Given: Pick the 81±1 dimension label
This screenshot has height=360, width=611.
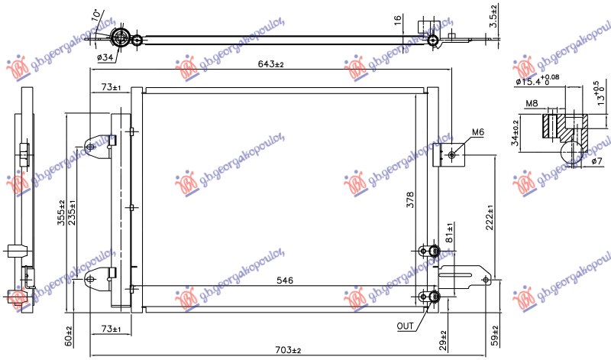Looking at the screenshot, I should point(450,232).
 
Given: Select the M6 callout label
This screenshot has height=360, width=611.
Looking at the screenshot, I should point(477,132).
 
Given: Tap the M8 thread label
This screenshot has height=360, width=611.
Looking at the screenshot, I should point(532,105).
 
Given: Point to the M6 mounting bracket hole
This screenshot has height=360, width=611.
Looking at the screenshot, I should point(452,155).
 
